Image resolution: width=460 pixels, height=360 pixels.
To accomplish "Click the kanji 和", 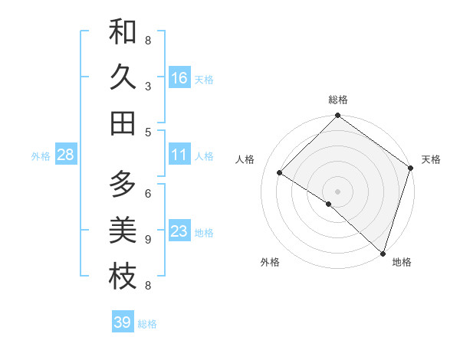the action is [x=123, y=33].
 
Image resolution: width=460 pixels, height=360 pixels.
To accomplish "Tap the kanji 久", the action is [x=123, y=77].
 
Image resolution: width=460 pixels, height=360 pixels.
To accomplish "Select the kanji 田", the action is [x=123, y=123].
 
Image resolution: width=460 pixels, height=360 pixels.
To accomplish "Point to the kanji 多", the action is [x=123, y=184].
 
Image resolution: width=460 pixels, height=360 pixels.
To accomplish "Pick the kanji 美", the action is [x=123, y=230].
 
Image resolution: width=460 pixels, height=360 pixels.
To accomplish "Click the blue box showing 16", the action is [x=179, y=78].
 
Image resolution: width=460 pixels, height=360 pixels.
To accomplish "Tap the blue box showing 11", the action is [x=179, y=155].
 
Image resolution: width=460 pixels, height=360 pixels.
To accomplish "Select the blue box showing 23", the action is [x=179, y=231].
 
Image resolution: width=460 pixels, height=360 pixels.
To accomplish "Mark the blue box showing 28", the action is [x=65, y=155].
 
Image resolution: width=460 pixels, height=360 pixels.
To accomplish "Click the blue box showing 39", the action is [x=122, y=322].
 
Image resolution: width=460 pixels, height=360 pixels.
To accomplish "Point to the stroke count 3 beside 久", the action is [x=148, y=86].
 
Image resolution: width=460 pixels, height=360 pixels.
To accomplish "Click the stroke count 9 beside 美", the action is [x=148, y=240].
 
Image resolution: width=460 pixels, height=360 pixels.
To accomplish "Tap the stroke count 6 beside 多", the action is [x=148, y=193].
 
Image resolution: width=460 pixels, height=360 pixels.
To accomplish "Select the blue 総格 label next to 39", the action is [x=147, y=324].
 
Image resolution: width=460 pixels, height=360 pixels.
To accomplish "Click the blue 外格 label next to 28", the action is [x=41, y=156].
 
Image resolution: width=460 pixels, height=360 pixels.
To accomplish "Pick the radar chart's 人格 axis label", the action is [x=245, y=159].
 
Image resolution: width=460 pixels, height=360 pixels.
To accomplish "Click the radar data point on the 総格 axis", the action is [x=337, y=116].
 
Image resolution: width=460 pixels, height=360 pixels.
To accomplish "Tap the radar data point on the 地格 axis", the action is [x=383, y=253].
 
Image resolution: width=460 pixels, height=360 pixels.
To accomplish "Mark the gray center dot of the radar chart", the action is [x=337, y=191].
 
